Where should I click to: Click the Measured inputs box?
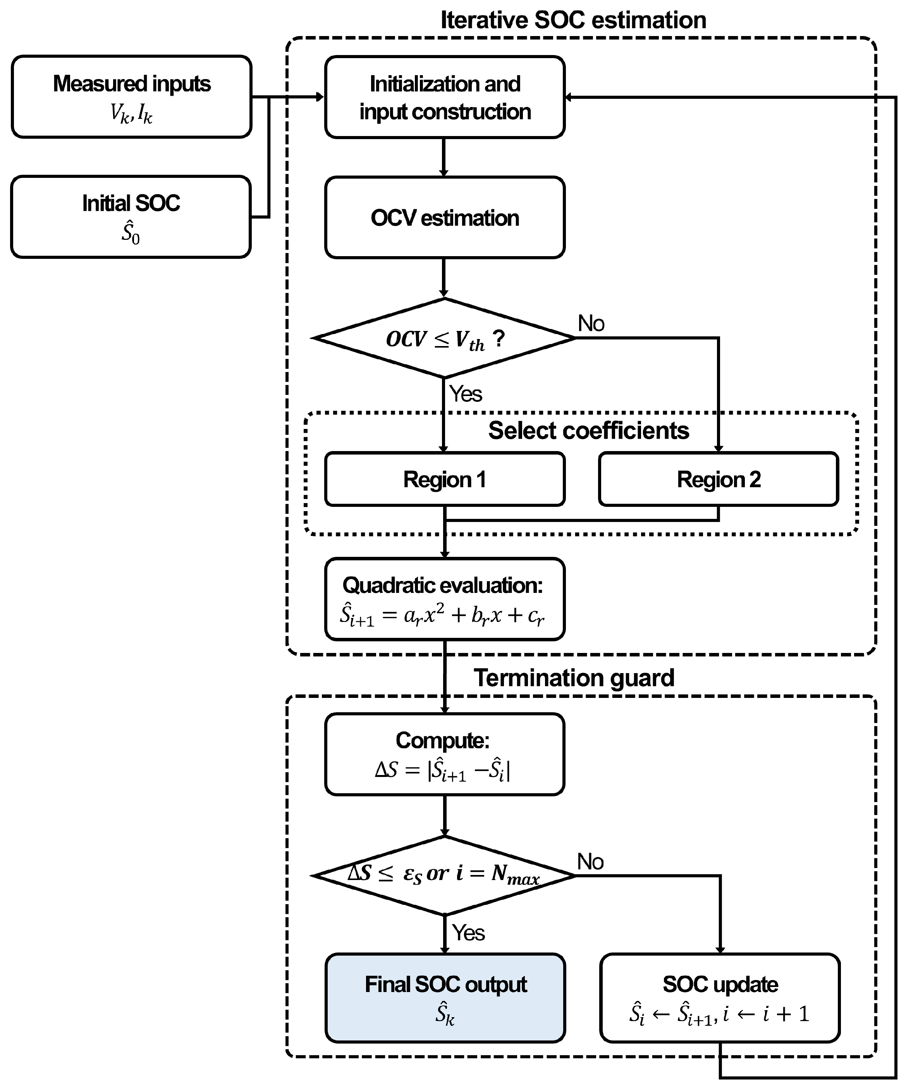coord(132,97)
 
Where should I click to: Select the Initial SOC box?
coord(131,217)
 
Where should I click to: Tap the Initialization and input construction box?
coord(445,97)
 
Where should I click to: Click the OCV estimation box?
coord(445,217)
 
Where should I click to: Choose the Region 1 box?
coord(445,479)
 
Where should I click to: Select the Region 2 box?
coord(719,479)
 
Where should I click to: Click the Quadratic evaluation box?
coord(445,599)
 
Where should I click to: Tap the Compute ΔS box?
coord(445,754)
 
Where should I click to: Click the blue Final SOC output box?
coord(445,998)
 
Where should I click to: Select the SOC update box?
coord(720,998)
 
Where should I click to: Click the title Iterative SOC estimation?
coord(573,20)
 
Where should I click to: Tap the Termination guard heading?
coord(574,678)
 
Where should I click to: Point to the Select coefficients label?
coord(588,431)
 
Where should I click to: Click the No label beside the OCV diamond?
coord(591,324)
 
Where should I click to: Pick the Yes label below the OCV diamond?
coord(466,394)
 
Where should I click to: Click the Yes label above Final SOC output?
coord(468,933)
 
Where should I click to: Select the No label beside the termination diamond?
coord(590,862)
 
